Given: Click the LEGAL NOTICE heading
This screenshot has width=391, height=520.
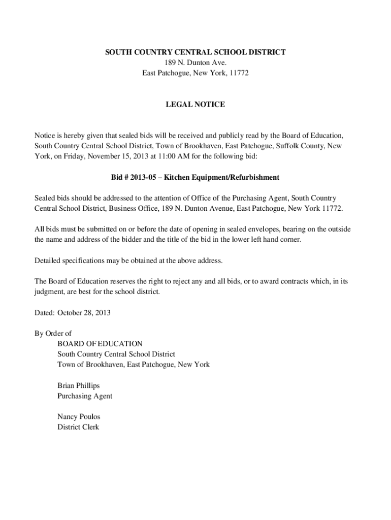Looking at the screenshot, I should (195, 105).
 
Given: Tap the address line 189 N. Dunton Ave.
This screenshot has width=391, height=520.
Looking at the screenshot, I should (195, 62).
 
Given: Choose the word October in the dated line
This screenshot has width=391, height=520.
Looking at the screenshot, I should (72, 312).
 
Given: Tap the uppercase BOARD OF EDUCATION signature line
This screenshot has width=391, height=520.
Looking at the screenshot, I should (100, 344).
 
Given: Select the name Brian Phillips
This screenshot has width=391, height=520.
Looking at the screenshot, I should (79, 385).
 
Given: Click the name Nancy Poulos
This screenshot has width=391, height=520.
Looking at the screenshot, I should (79, 416).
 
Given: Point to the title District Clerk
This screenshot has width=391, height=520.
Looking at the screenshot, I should (78, 427).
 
